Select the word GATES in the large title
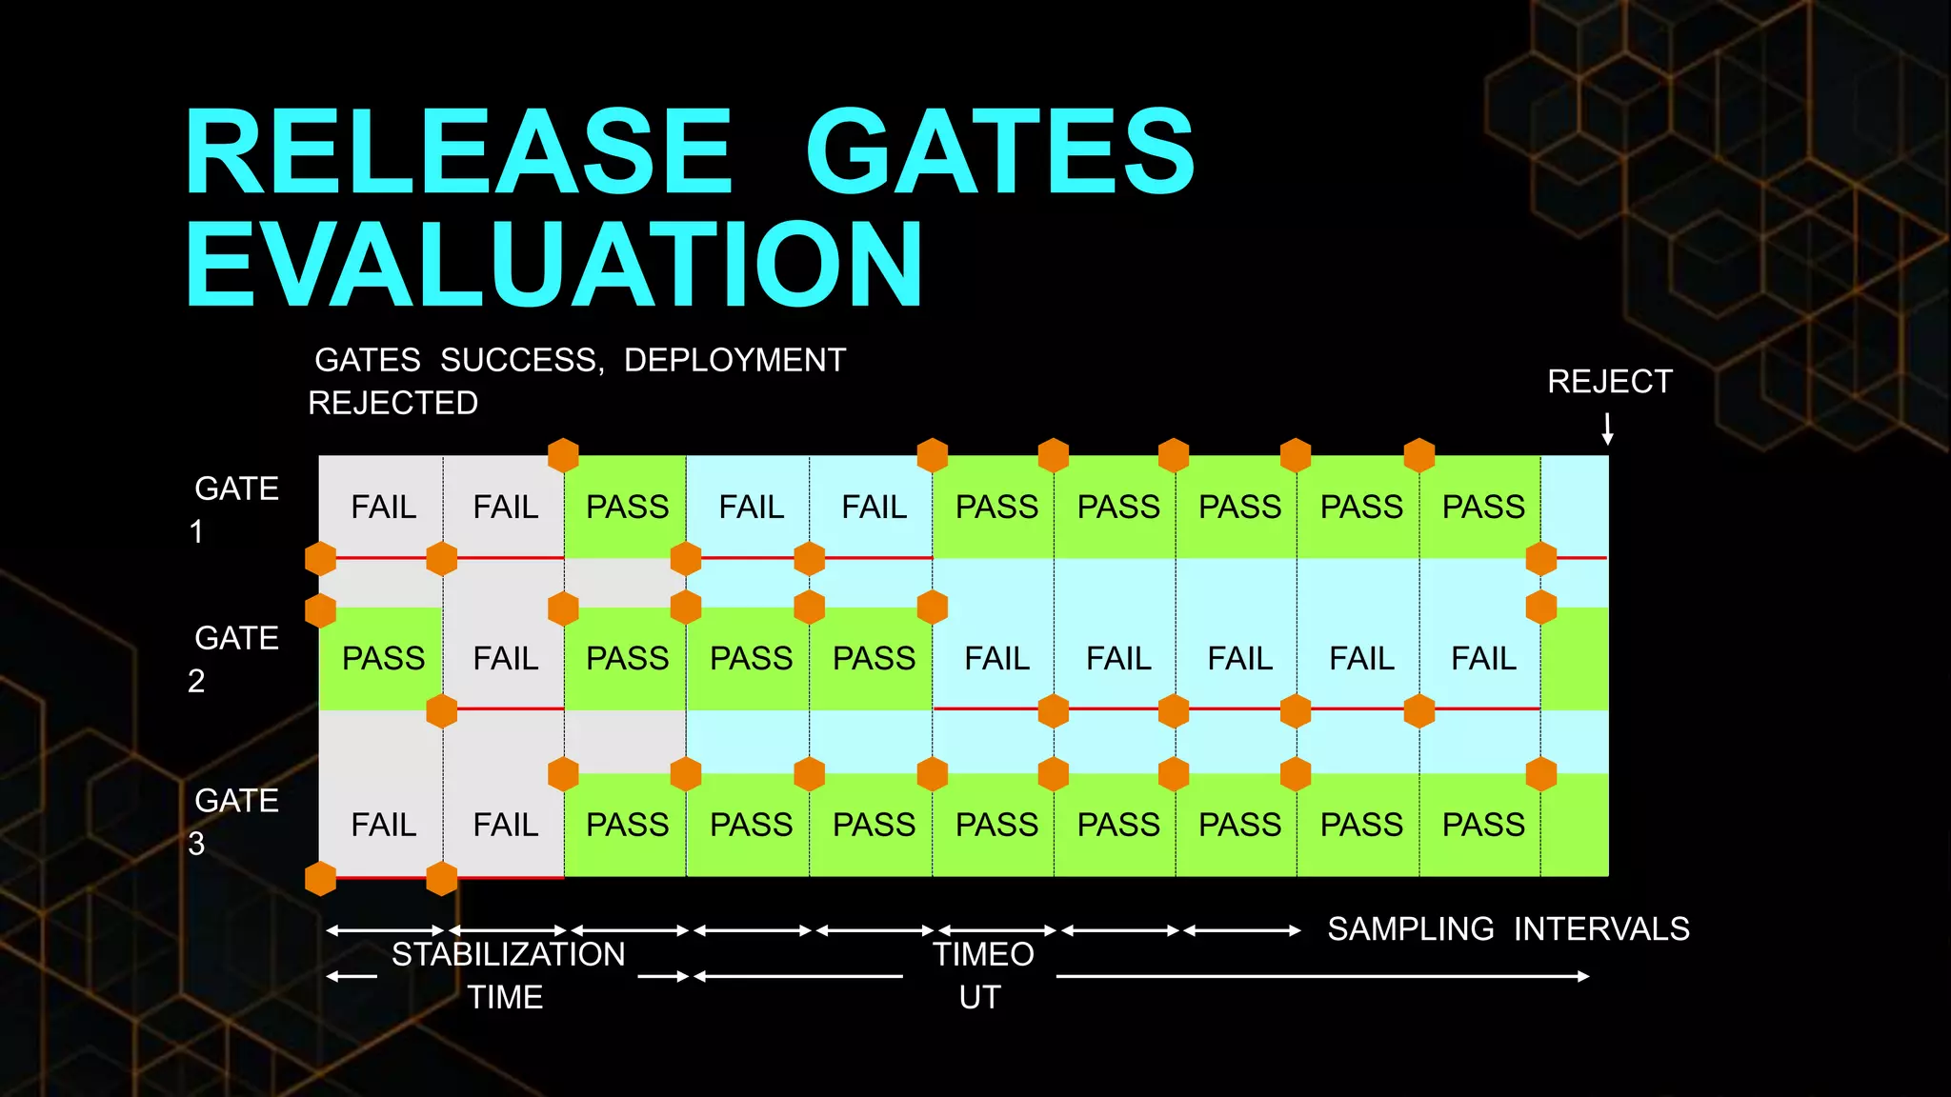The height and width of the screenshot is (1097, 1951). click(999, 152)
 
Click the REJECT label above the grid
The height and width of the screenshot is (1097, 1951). click(1609, 382)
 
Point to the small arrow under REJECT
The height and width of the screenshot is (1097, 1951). click(1607, 429)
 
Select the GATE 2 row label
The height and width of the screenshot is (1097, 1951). click(235, 658)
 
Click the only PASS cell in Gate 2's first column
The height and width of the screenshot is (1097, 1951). click(383, 659)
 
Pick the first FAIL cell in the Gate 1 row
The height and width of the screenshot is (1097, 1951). click(383, 507)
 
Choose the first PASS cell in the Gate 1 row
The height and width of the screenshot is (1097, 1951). click(627, 507)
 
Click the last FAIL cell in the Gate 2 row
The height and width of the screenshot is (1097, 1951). click(1483, 659)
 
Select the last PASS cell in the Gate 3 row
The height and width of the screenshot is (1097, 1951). click(1483, 825)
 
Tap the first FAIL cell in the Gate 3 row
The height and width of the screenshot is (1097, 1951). click(383, 825)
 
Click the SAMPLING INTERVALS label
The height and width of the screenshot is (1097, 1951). click(1508, 928)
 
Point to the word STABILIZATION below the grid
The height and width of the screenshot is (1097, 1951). click(508, 954)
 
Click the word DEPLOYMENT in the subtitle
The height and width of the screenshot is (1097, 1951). click(734, 360)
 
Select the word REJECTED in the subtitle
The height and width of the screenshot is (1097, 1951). click(392, 403)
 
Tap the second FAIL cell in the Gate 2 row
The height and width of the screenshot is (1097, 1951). click(996, 659)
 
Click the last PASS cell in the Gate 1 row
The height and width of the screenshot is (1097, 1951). click(1483, 507)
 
